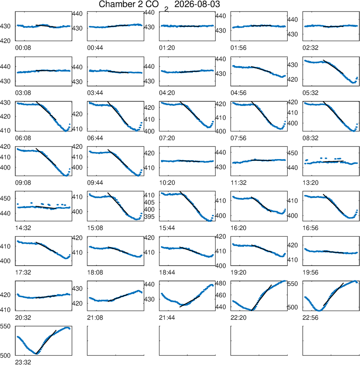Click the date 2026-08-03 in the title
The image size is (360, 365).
tap(197, 4)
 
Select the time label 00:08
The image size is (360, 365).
tap(23, 48)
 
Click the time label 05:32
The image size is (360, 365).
tap(310, 93)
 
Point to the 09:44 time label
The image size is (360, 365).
tap(95, 183)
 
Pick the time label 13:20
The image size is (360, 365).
tap(310, 183)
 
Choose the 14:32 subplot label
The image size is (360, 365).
tap(23, 228)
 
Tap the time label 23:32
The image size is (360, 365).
tap(23, 362)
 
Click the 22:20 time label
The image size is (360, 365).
tap(238, 317)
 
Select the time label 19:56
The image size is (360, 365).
tap(310, 272)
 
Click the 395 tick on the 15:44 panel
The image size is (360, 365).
tap(149, 216)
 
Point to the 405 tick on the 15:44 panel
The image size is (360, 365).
tap(149, 202)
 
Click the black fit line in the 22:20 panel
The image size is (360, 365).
tap(261, 298)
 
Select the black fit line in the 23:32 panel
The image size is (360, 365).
tap(46, 342)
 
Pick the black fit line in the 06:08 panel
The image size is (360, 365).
tap(46, 111)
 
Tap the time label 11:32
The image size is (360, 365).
tap(238, 183)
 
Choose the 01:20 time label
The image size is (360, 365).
tap(167, 48)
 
